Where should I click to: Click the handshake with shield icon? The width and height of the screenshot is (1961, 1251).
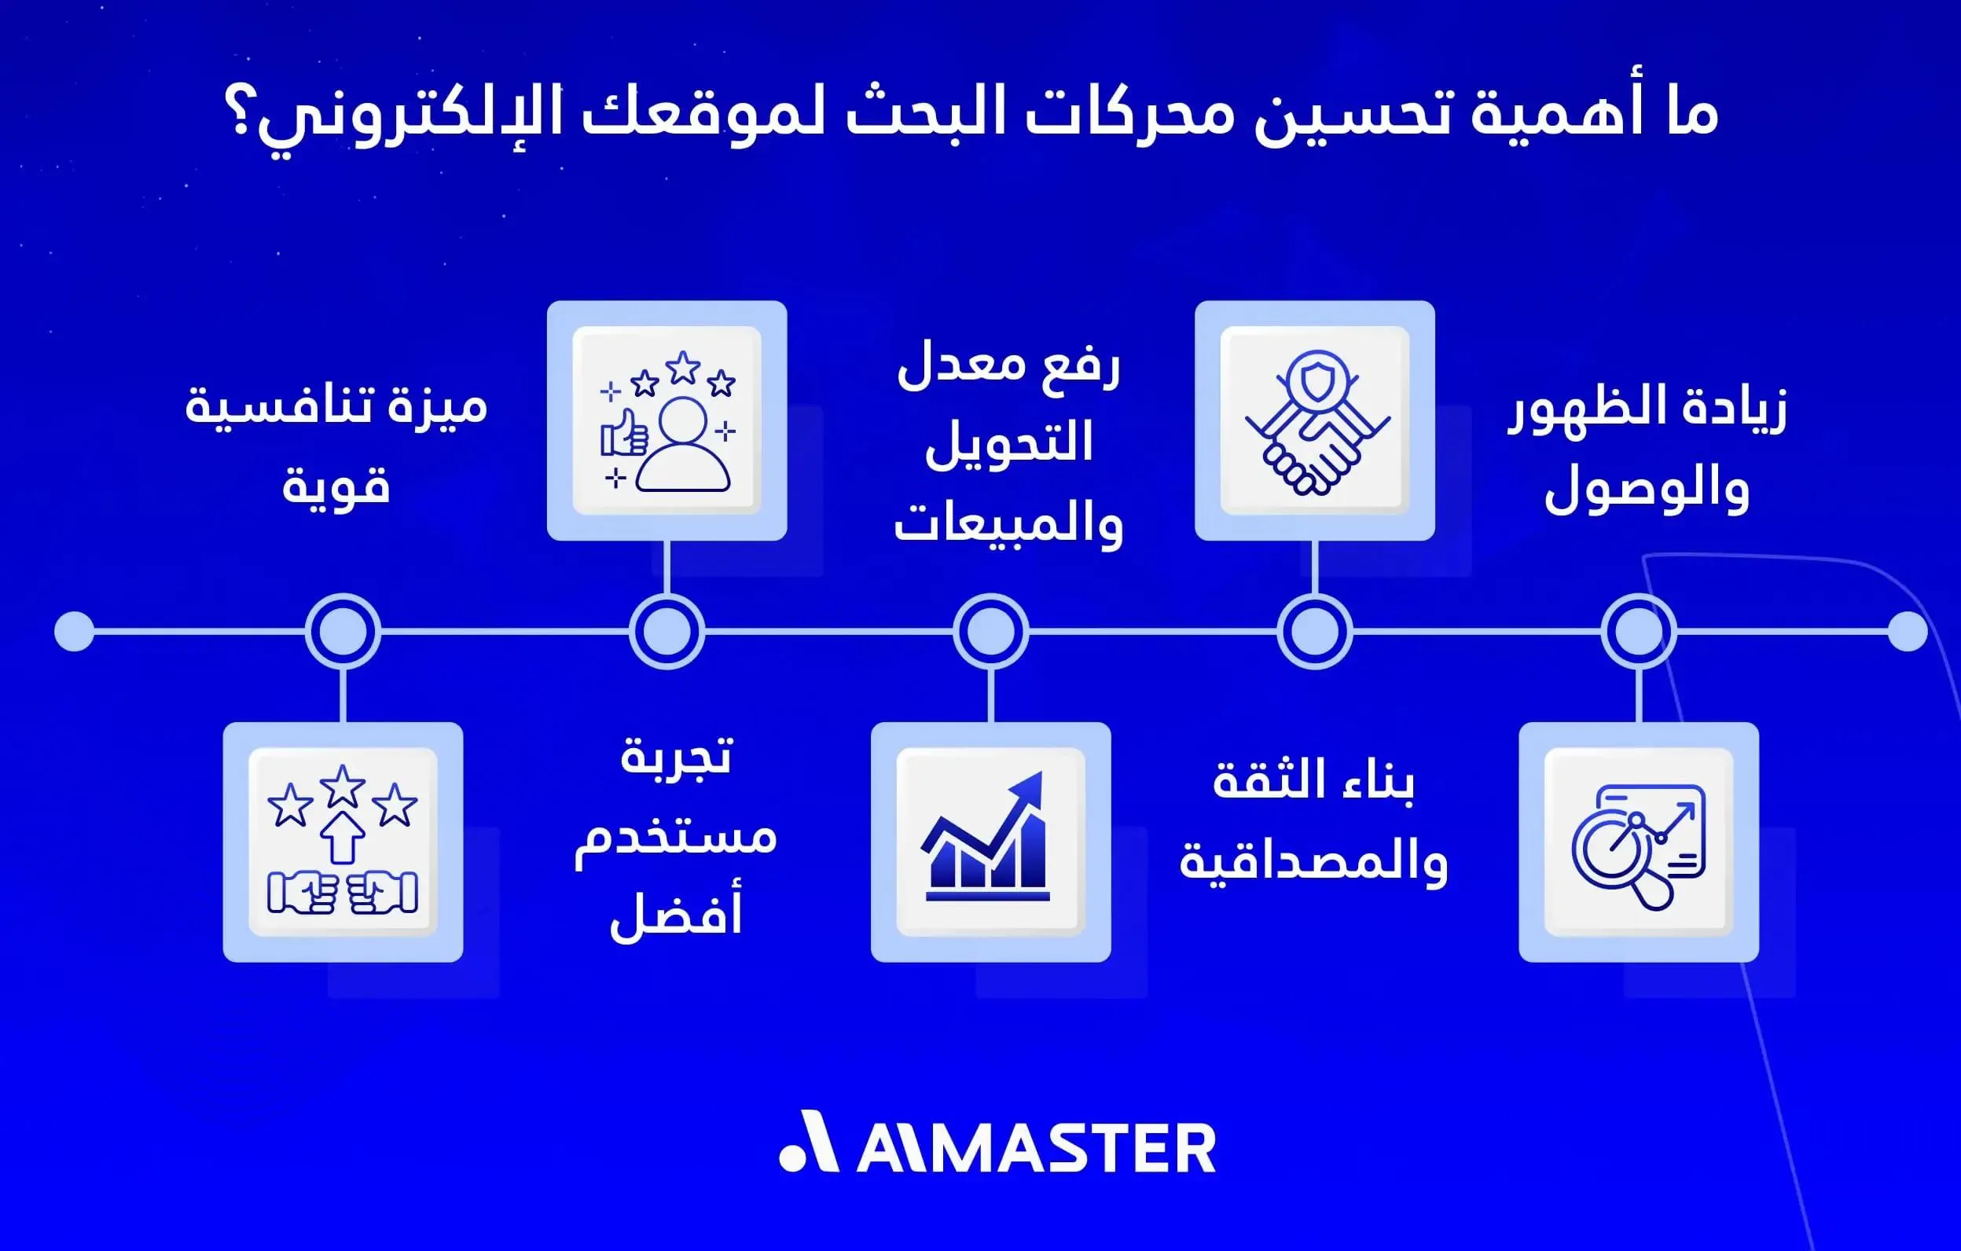click(x=1314, y=421)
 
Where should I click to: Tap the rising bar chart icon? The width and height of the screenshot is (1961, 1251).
click(x=990, y=842)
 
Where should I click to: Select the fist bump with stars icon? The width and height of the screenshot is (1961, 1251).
click(x=343, y=842)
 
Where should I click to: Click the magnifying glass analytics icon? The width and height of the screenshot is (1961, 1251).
click(x=1639, y=842)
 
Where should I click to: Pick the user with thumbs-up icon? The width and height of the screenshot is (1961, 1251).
click(x=667, y=421)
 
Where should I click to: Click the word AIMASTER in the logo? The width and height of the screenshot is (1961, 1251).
click(x=1036, y=1148)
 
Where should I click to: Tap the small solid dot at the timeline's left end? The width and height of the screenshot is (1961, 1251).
click(x=74, y=631)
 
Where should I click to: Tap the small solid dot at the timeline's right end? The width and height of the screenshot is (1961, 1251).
click(x=1908, y=631)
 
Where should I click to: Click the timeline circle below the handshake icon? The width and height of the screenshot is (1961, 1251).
click(x=1314, y=631)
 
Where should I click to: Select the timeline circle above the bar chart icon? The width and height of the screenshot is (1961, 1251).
click(x=990, y=631)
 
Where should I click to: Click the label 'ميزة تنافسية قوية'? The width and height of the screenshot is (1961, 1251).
click(x=336, y=445)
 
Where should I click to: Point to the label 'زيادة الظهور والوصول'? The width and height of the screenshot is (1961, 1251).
click(x=1647, y=449)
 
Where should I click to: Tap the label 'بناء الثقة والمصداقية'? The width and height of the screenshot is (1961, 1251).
click(x=1313, y=820)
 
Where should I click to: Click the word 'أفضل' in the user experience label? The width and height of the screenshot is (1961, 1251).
click(x=676, y=915)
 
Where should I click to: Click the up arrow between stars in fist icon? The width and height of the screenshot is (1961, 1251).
click(x=342, y=836)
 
